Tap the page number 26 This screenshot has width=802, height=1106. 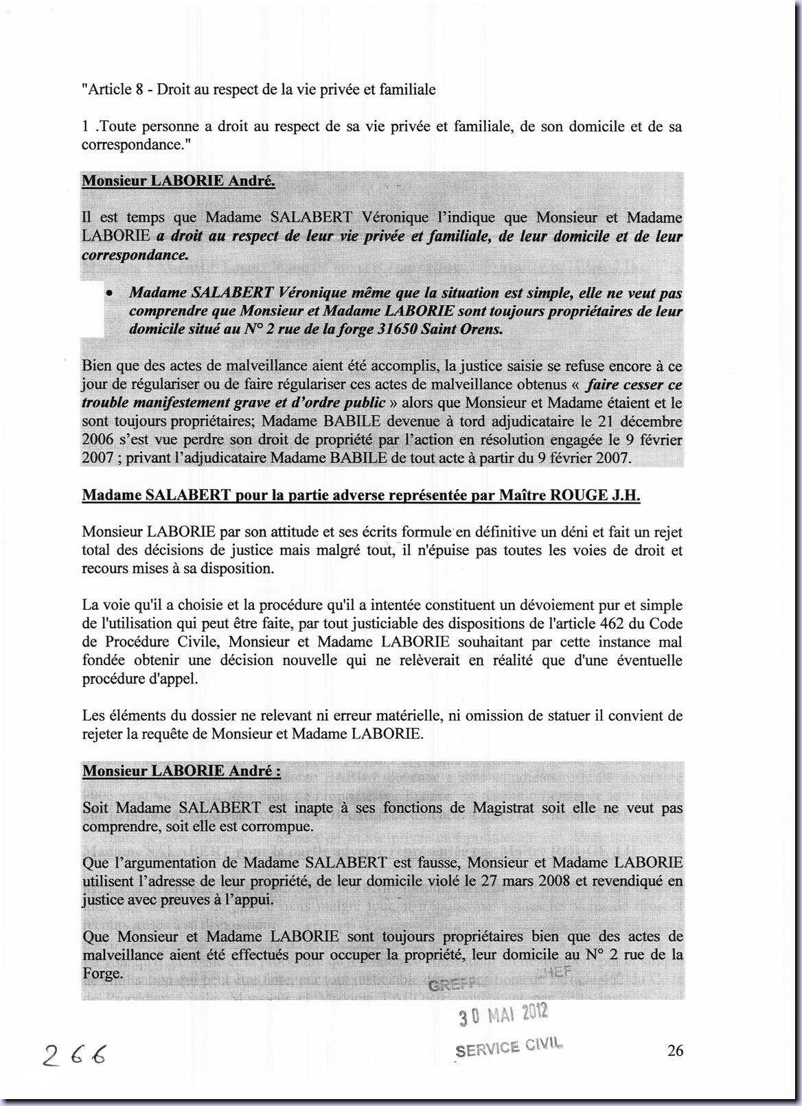[x=674, y=1050]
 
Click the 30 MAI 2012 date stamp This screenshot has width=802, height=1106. [x=503, y=1014]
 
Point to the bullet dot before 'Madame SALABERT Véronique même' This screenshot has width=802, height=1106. [x=109, y=293]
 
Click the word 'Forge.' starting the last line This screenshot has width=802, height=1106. [x=102, y=973]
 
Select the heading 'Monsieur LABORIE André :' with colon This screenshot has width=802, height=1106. [x=181, y=771]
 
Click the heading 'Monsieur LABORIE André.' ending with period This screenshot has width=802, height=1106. [x=179, y=181]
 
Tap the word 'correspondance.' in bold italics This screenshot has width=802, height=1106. [x=135, y=255]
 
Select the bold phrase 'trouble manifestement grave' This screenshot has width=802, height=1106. [x=174, y=403]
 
